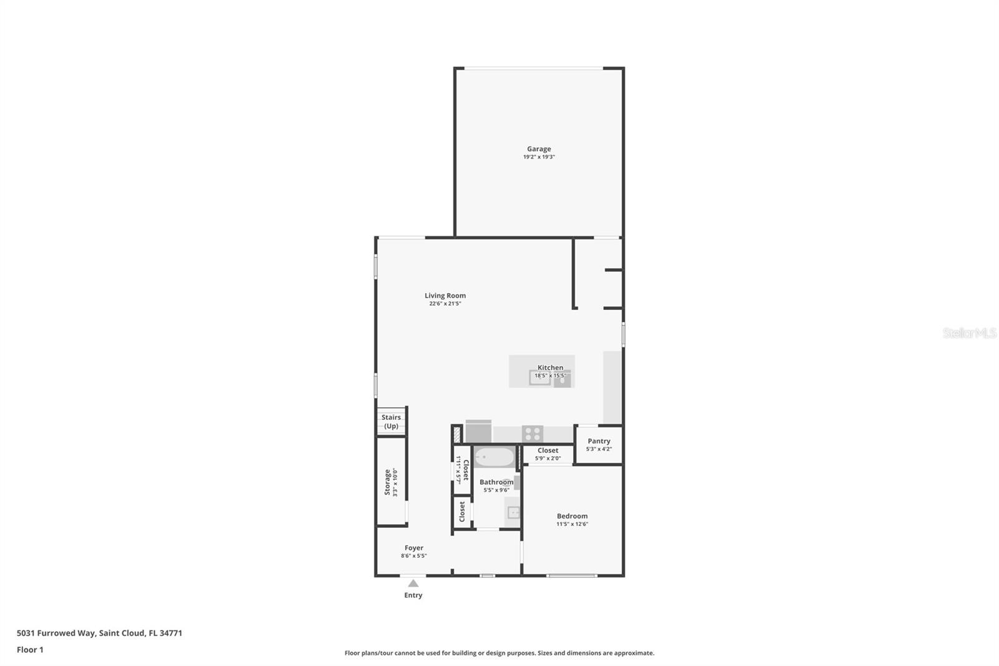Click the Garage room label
pos(539,149)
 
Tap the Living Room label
pos(445,296)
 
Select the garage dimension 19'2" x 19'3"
pos(539,157)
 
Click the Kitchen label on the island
pos(550,367)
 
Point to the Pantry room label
pos(599,441)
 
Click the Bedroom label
pos(572,516)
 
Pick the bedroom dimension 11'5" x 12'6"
pos(572,524)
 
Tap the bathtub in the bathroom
pos(494,457)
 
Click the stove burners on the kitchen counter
pos(533,433)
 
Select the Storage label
pos(388,482)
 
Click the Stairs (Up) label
pos(391,422)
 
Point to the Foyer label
pos(413,548)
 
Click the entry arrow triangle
pos(413,584)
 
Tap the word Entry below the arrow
pos(413,595)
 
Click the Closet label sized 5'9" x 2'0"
pos(548,450)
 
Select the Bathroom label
pos(496,482)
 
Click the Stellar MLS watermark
pos(969,333)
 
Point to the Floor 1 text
pos(30,650)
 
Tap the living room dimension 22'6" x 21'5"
pos(445,304)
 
